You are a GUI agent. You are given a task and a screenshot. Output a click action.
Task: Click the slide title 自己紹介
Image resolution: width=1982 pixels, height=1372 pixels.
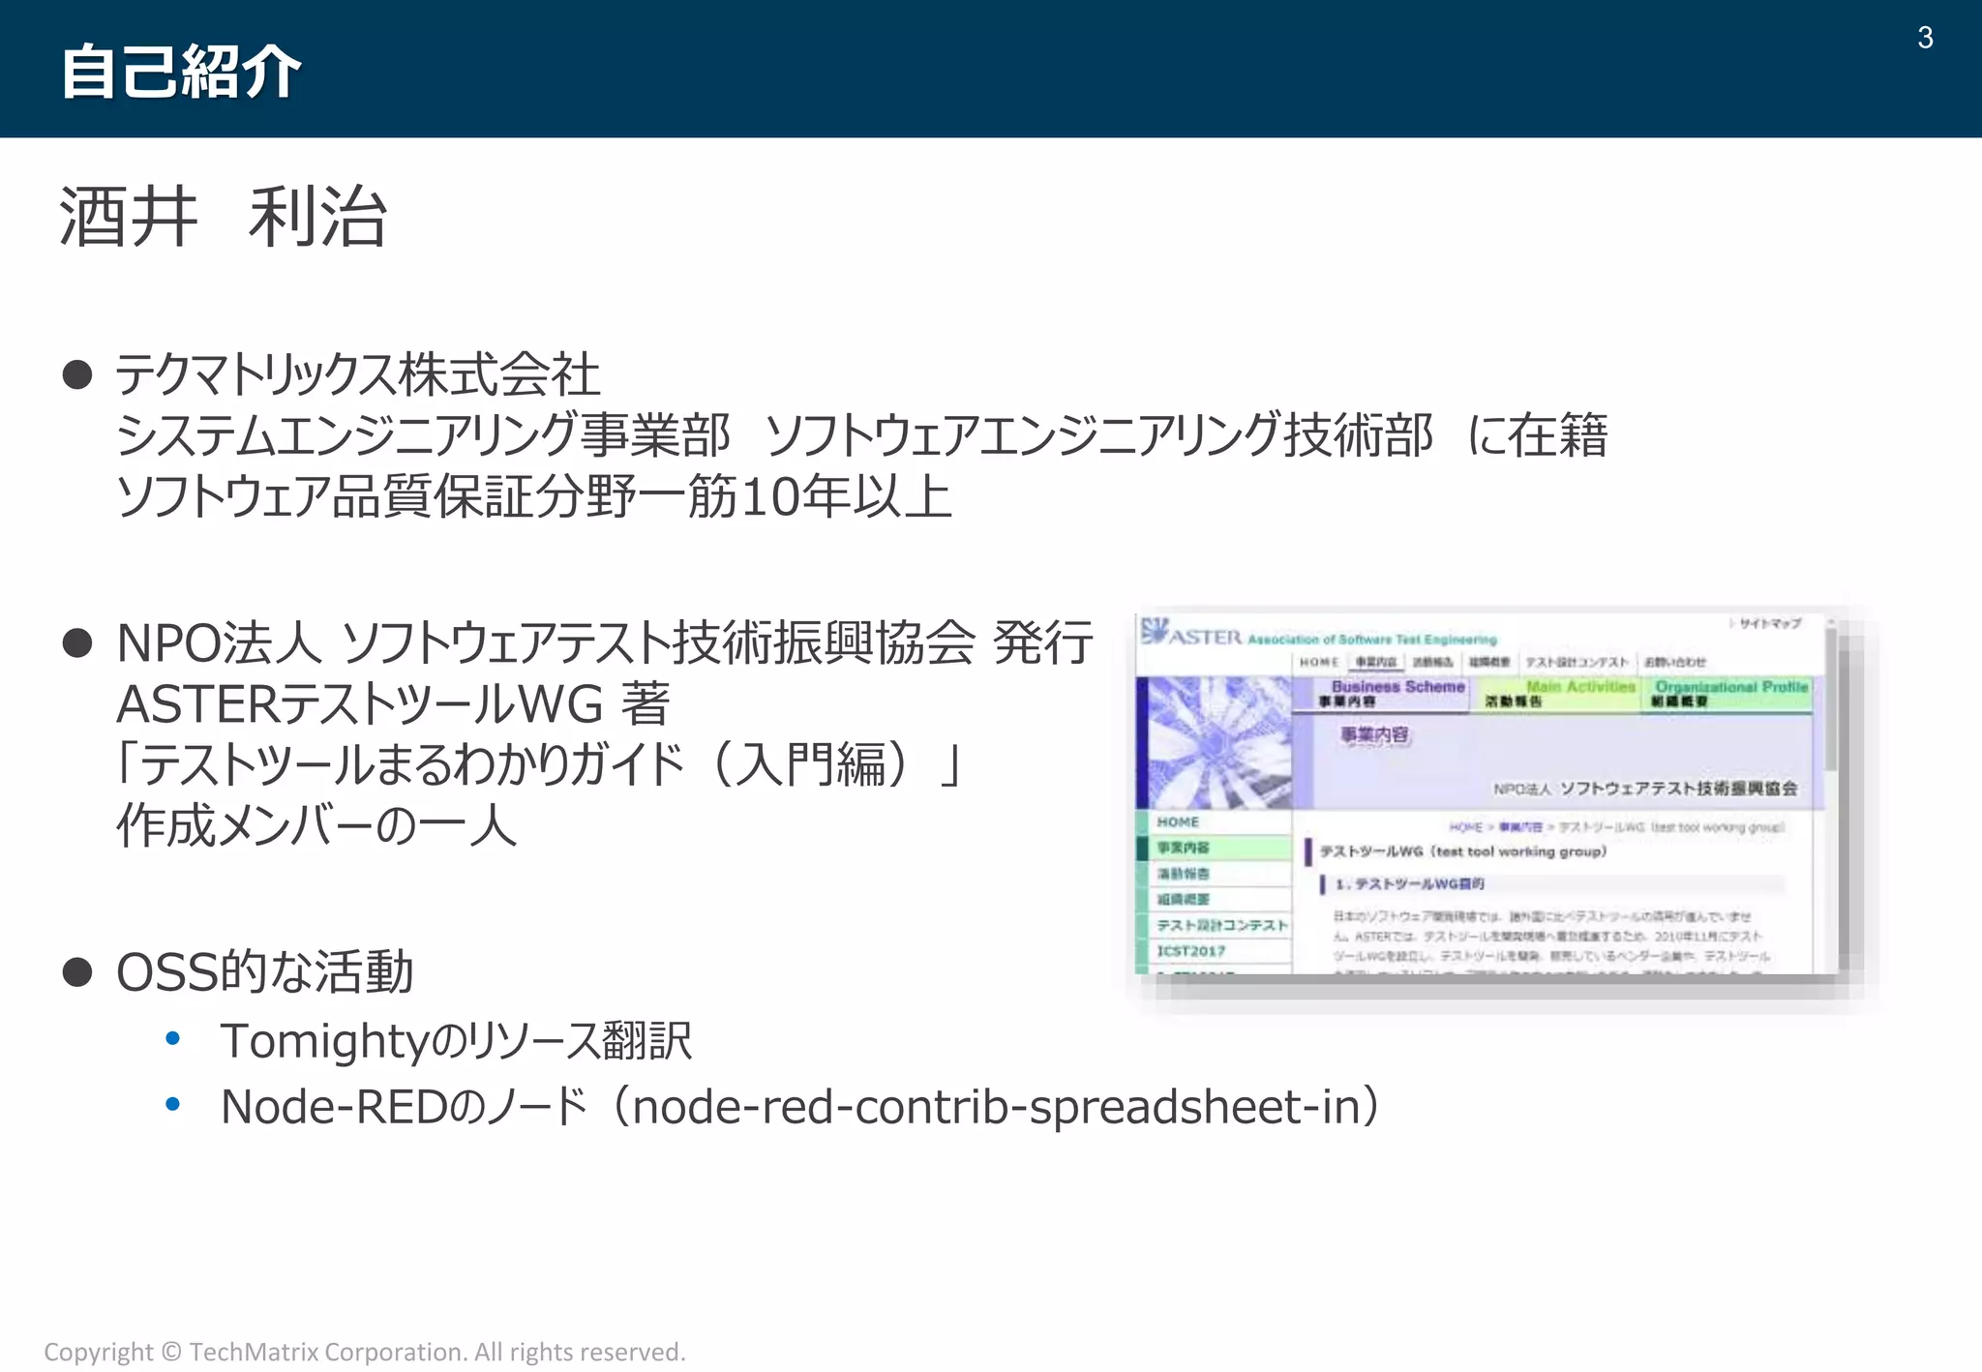coord(181,72)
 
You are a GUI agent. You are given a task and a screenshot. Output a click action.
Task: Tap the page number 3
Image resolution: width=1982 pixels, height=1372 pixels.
coord(1924,38)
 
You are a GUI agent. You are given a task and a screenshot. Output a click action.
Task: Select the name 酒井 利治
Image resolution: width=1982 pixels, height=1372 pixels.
coord(224,217)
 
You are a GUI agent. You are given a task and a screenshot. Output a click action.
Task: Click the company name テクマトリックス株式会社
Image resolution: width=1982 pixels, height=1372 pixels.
coord(357,374)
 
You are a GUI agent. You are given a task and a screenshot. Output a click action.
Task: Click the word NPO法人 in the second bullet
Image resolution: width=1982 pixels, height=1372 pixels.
coord(219,643)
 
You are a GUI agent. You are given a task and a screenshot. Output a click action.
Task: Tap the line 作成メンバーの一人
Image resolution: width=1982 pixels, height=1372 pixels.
coord(316,825)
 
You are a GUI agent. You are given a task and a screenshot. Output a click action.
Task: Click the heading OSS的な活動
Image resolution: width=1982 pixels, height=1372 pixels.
coord(264,971)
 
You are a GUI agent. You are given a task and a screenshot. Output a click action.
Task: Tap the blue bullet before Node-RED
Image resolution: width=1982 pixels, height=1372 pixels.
coord(173,1104)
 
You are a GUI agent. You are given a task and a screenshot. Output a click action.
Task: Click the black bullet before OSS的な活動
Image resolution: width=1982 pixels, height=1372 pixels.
coord(77,971)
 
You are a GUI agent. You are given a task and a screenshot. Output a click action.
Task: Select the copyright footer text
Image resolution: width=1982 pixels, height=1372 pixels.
coord(365,1352)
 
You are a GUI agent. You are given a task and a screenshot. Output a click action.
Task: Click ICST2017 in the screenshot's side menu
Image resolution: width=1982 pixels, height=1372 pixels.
coord(1191,951)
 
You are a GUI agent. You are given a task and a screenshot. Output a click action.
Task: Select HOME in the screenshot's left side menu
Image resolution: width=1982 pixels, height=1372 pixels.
coord(1178,821)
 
